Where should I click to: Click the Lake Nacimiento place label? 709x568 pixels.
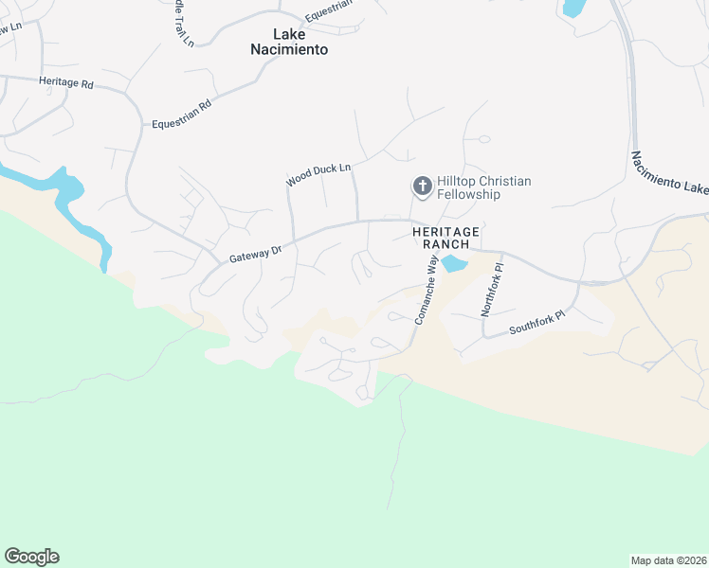tap(289, 42)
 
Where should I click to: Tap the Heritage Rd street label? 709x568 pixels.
tap(66, 83)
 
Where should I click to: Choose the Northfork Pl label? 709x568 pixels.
tap(492, 290)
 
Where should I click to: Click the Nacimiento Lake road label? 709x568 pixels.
tap(669, 172)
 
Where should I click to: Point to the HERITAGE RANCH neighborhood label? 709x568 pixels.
tap(445, 238)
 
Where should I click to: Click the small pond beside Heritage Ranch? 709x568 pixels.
tap(454, 263)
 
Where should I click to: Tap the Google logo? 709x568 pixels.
tap(31, 557)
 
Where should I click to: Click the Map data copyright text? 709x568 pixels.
tap(669, 559)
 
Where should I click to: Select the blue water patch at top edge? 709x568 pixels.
tap(574, 8)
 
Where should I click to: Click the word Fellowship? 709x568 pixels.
tap(468, 194)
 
